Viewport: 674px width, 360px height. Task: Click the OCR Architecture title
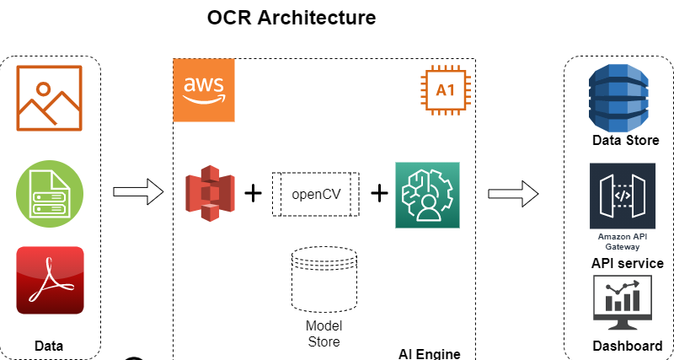coord(292,18)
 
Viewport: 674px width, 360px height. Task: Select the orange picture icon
coord(50,99)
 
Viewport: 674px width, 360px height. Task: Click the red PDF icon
coord(50,281)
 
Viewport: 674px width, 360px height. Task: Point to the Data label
coord(49,346)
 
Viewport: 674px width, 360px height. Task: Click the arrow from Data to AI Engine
coord(137,192)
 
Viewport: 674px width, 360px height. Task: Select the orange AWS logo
coord(203,90)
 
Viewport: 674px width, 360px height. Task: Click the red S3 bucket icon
coord(210,193)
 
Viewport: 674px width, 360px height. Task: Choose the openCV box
coord(315,194)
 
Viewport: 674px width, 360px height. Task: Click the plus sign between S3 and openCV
coord(253,193)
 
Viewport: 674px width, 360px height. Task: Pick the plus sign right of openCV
coord(379,193)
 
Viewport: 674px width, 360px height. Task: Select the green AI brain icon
coord(427,195)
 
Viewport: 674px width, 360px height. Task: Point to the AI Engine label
coord(429,352)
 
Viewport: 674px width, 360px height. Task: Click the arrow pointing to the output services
coord(513,192)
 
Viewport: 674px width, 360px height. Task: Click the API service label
coord(627,264)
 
